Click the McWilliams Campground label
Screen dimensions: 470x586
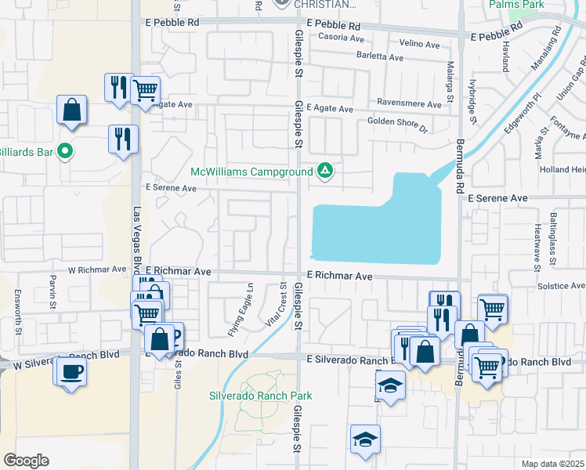point(251,172)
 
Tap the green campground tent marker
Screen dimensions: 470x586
point(324,171)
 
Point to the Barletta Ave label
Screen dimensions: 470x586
point(380,57)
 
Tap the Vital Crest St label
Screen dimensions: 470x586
point(275,304)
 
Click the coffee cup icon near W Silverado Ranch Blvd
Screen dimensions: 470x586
point(71,371)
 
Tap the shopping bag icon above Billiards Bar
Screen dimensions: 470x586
point(71,110)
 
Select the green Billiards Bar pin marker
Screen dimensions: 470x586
point(66,151)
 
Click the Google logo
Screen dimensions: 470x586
point(26,461)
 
